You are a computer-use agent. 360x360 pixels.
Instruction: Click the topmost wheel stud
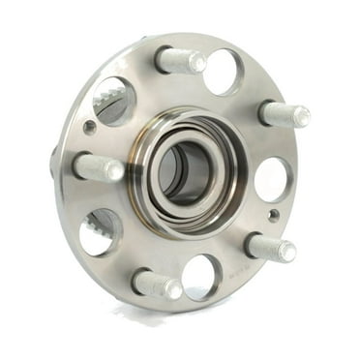click(x=180, y=60)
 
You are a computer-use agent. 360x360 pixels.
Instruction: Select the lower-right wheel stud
click(x=270, y=247)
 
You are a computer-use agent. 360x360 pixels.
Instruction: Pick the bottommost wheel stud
click(x=157, y=284)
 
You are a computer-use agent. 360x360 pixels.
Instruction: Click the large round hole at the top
click(x=224, y=71)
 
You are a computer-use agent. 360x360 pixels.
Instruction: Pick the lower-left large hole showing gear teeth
click(x=101, y=232)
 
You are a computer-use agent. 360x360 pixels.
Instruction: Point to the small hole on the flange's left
click(x=90, y=127)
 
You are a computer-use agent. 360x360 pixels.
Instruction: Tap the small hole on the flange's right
click(x=274, y=215)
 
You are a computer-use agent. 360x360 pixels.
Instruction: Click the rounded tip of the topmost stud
click(x=197, y=64)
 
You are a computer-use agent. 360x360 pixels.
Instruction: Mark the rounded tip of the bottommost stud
click(x=173, y=288)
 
